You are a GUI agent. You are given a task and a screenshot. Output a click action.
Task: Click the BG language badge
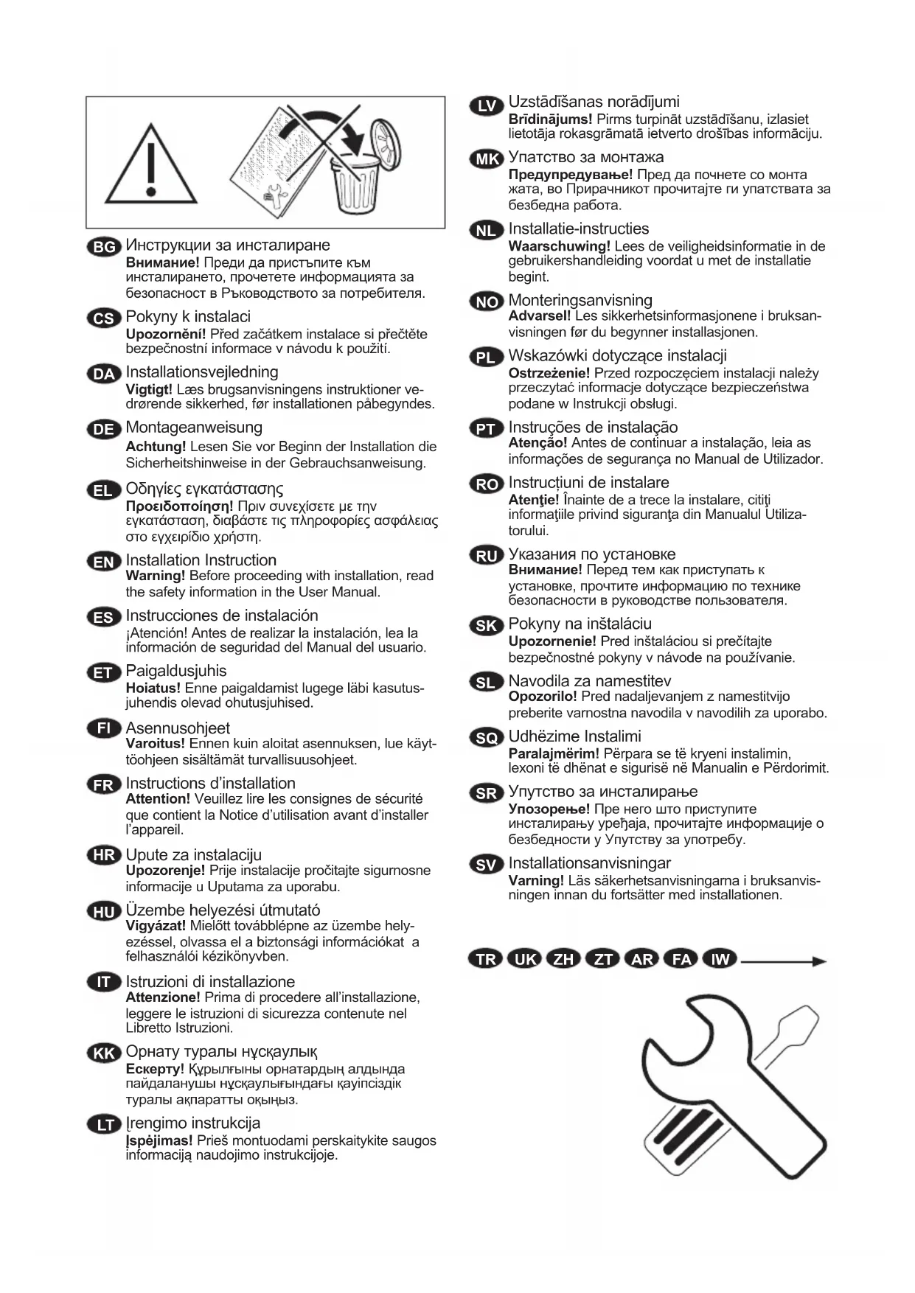click(x=104, y=247)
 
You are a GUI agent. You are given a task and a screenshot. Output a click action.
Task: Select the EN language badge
click(x=104, y=562)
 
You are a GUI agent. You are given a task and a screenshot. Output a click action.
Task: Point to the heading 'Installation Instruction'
click(x=201, y=560)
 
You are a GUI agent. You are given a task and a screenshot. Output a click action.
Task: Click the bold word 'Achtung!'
click(x=156, y=447)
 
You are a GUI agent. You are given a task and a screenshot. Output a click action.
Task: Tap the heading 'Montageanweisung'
click(x=194, y=428)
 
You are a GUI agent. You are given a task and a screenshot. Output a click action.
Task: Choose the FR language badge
click(x=104, y=785)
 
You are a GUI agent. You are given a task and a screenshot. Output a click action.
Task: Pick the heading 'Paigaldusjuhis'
click(x=176, y=671)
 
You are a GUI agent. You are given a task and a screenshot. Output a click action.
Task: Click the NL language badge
click(x=486, y=231)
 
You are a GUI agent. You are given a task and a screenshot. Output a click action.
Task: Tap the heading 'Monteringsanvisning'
click(x=580, y=301)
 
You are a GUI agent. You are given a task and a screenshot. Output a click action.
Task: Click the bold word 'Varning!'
click(x=536, y=880)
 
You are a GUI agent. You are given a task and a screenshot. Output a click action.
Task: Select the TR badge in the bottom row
click(x=486, y=959)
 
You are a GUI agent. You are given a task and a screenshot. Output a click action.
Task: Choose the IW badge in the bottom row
click(x=720, y=959)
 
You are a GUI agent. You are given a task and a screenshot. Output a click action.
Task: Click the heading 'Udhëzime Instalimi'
click(x=575, y=736)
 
